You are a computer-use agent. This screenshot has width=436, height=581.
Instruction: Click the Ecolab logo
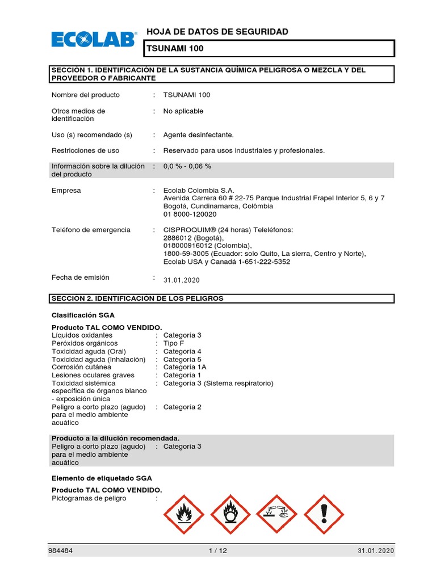94,39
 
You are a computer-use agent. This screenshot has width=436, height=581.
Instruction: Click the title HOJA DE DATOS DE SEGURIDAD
217,32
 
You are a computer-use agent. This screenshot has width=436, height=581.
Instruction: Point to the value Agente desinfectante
198,135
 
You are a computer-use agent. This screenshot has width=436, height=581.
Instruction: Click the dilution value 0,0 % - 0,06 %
187,166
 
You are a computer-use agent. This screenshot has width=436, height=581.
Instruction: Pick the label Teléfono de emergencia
91,230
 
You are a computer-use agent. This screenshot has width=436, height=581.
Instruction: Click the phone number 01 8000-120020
190,214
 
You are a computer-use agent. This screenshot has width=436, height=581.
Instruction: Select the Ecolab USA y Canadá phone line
227,262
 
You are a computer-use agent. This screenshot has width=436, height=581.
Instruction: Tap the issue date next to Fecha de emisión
181,280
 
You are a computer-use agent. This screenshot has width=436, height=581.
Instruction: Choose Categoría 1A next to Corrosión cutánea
185,367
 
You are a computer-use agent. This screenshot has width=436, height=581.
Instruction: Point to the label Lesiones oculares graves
93,375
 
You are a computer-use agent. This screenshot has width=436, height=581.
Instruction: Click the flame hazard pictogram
184,514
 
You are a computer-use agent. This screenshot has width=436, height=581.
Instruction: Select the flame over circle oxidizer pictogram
230,514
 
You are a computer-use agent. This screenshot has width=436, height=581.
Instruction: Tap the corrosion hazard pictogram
278,514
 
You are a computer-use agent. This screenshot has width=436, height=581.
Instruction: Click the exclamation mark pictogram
324,514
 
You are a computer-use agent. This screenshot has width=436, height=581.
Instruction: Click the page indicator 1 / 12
218,551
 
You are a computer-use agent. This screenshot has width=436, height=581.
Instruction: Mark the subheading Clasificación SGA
85,315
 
